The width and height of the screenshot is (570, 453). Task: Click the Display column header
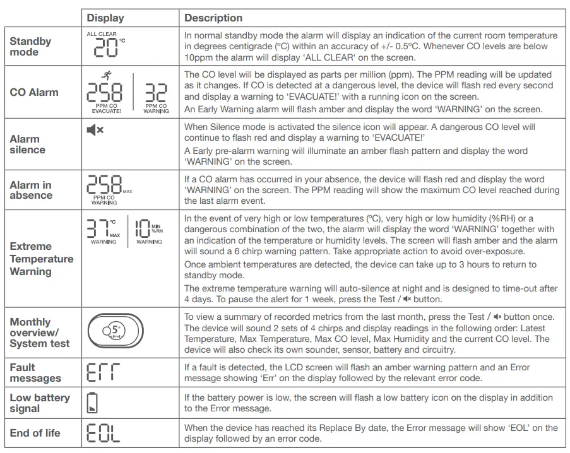pyautogui.click(x=105, y=18)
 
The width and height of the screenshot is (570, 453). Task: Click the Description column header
pyautogui.click(x=213, y=18)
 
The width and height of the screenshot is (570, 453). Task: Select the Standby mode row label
pyautogui.click(x=30, y=47)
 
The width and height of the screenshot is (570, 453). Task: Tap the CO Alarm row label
pyautogui.click(x=34, y=92)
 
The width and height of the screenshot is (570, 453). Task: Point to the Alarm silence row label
pyautogui.click(x=27, y=144)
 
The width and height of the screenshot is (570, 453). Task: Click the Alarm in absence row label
pyautogui.click(x=30, y=190)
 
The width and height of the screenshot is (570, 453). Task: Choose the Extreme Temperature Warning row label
pyautogui.click(x=41, y=259)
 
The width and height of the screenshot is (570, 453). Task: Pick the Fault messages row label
pyautogui.click(x=35, y=373)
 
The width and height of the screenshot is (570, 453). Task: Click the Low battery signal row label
pyautogui.click(x=39, y=403)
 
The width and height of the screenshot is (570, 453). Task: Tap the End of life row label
pyautogui.click(x=35, y=433)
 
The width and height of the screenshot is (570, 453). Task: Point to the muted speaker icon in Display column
pyautogui.click(x=95, y=131)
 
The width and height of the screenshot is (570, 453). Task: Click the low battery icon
pyautogui.click(x=92, y=403)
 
